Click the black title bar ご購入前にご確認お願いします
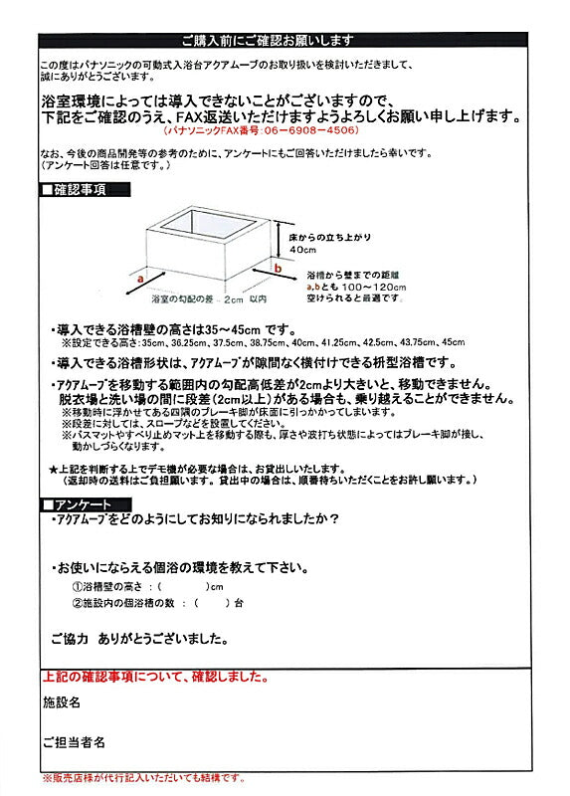pos(285,41)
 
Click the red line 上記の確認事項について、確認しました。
pos(155,678)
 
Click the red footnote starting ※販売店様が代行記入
pos(142,778)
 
